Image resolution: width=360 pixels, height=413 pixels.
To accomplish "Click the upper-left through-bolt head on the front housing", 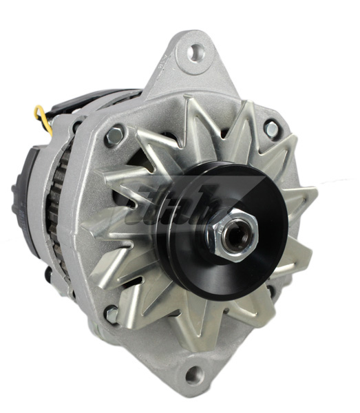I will (114, 136).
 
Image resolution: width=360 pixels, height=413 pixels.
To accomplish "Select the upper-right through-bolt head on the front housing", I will (271, 128).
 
